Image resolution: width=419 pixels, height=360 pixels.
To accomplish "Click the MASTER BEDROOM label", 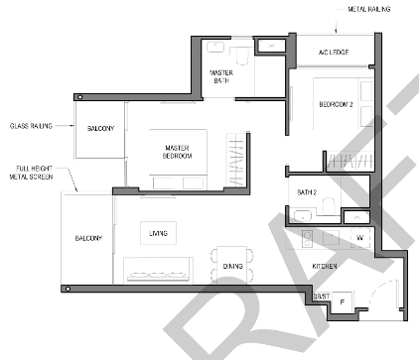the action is [x=177, y=152].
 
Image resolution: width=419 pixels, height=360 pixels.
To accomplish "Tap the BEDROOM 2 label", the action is [x=336, y=104].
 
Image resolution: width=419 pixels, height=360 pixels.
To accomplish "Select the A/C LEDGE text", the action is [x=334, y=53].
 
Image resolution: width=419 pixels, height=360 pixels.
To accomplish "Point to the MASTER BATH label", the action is [x=221, y=76].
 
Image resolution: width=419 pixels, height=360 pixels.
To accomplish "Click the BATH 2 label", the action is [x=307, y=192].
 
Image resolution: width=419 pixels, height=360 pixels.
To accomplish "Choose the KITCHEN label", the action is [x=325, y=266].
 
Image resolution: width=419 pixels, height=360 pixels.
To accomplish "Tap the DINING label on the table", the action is [x=233, y=266].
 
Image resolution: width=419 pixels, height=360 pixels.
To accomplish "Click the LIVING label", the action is [x=158, y=233].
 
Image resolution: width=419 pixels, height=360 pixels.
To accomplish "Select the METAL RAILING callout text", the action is [x=369, y=9].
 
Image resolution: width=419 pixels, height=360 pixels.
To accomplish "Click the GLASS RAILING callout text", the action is [x=31, y=126].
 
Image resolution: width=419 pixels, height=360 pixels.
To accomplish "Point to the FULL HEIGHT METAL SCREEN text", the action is [x=32, y=173].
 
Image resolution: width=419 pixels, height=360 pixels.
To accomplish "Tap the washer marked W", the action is [x=360, y=237].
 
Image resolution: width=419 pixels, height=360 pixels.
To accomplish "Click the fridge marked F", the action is [x=343, y=301].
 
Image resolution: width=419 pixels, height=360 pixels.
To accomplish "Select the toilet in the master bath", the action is [x=242, y=57].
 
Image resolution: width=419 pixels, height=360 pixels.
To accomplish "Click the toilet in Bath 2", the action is [x=329, y=206].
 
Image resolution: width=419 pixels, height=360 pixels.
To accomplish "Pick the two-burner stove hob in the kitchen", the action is [x=308, y=239].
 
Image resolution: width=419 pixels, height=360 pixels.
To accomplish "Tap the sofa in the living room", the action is [x=158, y=270].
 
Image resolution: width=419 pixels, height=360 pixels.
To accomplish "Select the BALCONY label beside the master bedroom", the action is [x=100, y=128].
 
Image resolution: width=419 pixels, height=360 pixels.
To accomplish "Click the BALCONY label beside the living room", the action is [x=88, y=238].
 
